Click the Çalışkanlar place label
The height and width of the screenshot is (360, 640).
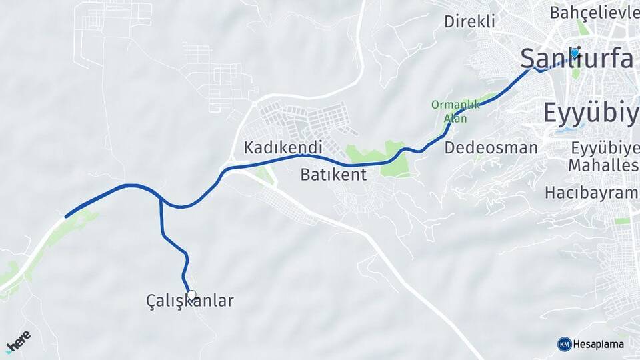(x=190, y=301)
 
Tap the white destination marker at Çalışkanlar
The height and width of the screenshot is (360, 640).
(x=192, y=295)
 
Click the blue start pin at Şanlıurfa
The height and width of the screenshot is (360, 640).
(x=575, y=53)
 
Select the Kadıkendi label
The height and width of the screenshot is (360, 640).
(x=283, y=147)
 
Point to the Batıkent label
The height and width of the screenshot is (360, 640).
(x=333, y=175)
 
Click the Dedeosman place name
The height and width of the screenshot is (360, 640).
(x=491, y=147)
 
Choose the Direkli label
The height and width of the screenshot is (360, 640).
(x=469, y=21)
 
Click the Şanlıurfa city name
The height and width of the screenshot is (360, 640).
(x=577, y=59)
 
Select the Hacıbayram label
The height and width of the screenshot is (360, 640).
(x=591, y=193)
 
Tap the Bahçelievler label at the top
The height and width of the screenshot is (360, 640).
(x=594, y=13)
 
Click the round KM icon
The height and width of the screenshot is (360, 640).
(x=564, y=344)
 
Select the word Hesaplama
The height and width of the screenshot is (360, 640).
(x=598, y=344)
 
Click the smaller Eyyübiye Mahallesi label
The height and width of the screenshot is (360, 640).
(x=604, y=156)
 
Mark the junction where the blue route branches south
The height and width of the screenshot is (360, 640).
(x=161, y=199)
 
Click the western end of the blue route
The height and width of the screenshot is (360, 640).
(x=65, y=216)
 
